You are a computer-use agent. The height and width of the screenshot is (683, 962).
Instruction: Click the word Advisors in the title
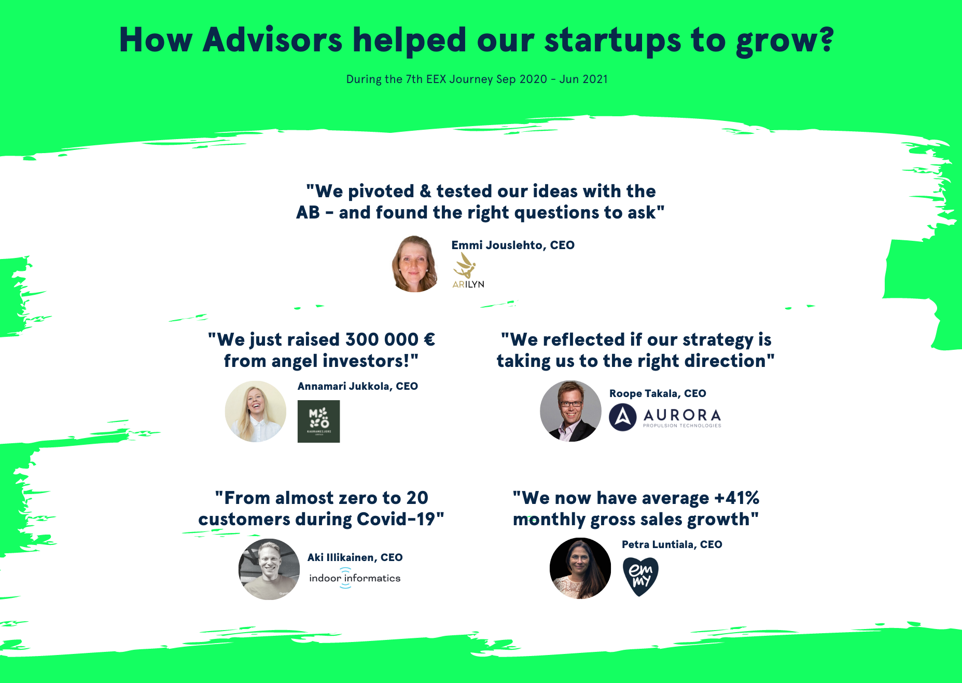click(273, 40)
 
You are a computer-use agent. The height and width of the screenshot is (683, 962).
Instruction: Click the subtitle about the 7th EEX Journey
click(477, 79)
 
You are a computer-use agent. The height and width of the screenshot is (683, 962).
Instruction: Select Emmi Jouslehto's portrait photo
click(414, 264)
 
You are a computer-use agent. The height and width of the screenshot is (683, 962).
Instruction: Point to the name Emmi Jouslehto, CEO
click(513, 245)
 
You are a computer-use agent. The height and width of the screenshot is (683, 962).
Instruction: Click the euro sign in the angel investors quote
click(429, 339)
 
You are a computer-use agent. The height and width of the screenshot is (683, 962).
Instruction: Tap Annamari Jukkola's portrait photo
click(255, 412)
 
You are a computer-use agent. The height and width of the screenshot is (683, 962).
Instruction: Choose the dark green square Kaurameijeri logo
click(318, 421)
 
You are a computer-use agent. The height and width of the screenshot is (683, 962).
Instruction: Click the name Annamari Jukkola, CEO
click(358, 386)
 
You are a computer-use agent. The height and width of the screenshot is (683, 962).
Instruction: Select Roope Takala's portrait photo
click(570, 411)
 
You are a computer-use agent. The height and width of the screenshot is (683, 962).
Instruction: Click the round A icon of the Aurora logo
click(623, 417)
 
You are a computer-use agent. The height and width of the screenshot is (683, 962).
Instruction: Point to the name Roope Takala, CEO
click(658, 393)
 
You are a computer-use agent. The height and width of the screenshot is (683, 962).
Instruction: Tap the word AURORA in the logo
click(682, 415)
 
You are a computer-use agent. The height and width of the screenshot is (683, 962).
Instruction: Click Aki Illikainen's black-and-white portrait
click(269, 569)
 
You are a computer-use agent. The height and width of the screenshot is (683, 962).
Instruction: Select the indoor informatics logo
click(355, 578)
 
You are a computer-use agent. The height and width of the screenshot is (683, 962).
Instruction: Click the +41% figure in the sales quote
click(737, 498)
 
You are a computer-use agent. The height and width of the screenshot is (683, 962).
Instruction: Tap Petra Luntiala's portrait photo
click(580, 568)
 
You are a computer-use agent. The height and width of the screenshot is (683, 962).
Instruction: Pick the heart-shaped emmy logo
click(640, 577)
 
